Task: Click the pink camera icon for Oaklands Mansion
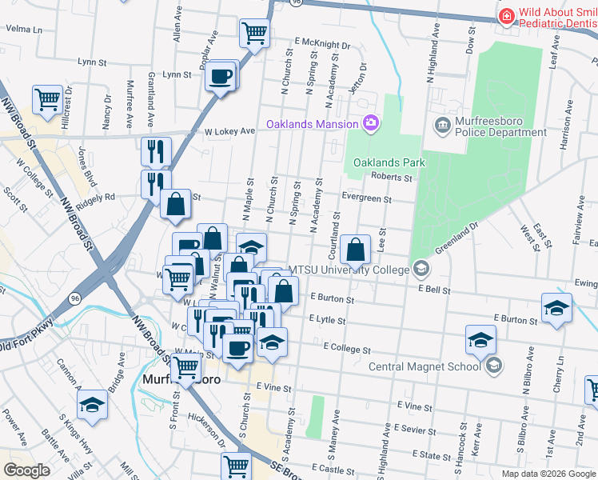[370, 123]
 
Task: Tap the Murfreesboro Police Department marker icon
[442, 124]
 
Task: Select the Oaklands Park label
[389, 162]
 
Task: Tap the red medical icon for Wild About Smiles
[506, 16]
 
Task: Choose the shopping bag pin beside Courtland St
[355, 250]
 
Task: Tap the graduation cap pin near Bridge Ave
[93, 405]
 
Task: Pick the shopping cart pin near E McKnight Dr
[254, 34]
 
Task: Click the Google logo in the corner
[26, 470]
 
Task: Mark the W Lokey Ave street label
[229, 130]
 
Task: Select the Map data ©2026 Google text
[548, 474]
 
